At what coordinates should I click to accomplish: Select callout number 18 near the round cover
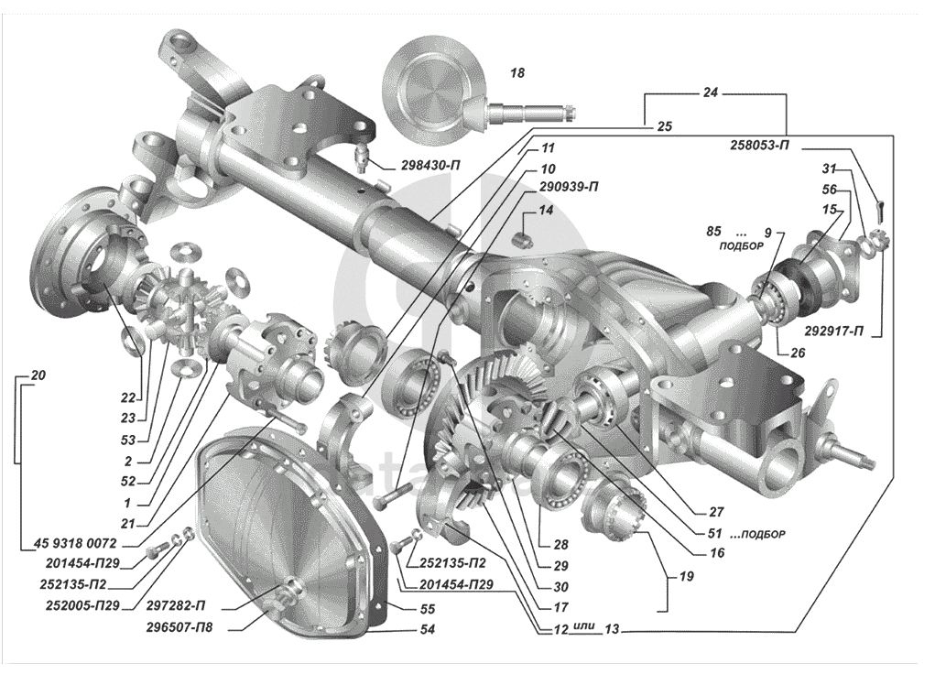click(x=517, y=72)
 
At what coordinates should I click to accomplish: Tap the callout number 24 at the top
click(x=712, y=93)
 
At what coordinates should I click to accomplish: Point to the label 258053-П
click(x=761, y=145)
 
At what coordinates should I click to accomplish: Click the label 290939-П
click(x=570, y=186)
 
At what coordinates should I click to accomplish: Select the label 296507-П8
click(x=181, y=628)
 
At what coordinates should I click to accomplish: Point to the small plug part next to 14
click(x=524, y=240)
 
